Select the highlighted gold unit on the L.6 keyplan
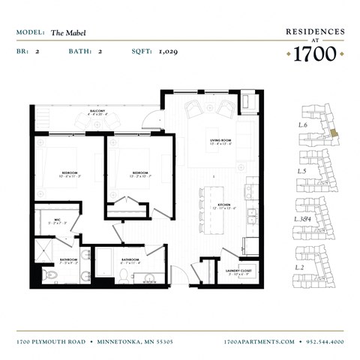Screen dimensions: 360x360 (x=334, y=133)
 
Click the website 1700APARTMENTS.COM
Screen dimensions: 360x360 (x=259, y=342)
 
